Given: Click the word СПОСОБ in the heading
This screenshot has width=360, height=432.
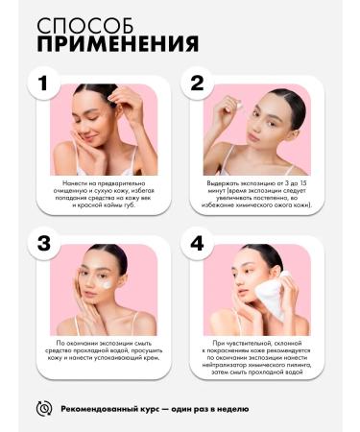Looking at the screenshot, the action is coord(84,26).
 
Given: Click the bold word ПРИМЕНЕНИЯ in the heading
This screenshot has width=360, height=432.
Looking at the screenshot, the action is coord(118,43).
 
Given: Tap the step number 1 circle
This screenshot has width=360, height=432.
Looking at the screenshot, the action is coord(43,83).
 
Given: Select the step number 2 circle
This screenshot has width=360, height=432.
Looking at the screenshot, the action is coord(197,83).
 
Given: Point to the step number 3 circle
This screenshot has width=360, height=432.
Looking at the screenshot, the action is coord(43,243).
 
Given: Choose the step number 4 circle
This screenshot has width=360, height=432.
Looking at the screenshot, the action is coord(197,243).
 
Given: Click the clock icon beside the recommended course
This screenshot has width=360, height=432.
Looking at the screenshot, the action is coord(44,409).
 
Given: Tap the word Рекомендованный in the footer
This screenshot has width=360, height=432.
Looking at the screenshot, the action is coord(99,409).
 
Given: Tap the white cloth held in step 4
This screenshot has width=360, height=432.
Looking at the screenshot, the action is coord(271,295).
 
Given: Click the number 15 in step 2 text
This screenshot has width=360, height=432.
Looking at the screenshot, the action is coord(303,183).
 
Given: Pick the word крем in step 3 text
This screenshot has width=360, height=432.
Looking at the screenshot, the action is coord(152,358).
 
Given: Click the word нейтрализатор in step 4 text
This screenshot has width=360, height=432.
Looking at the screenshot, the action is coord(221,365).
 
